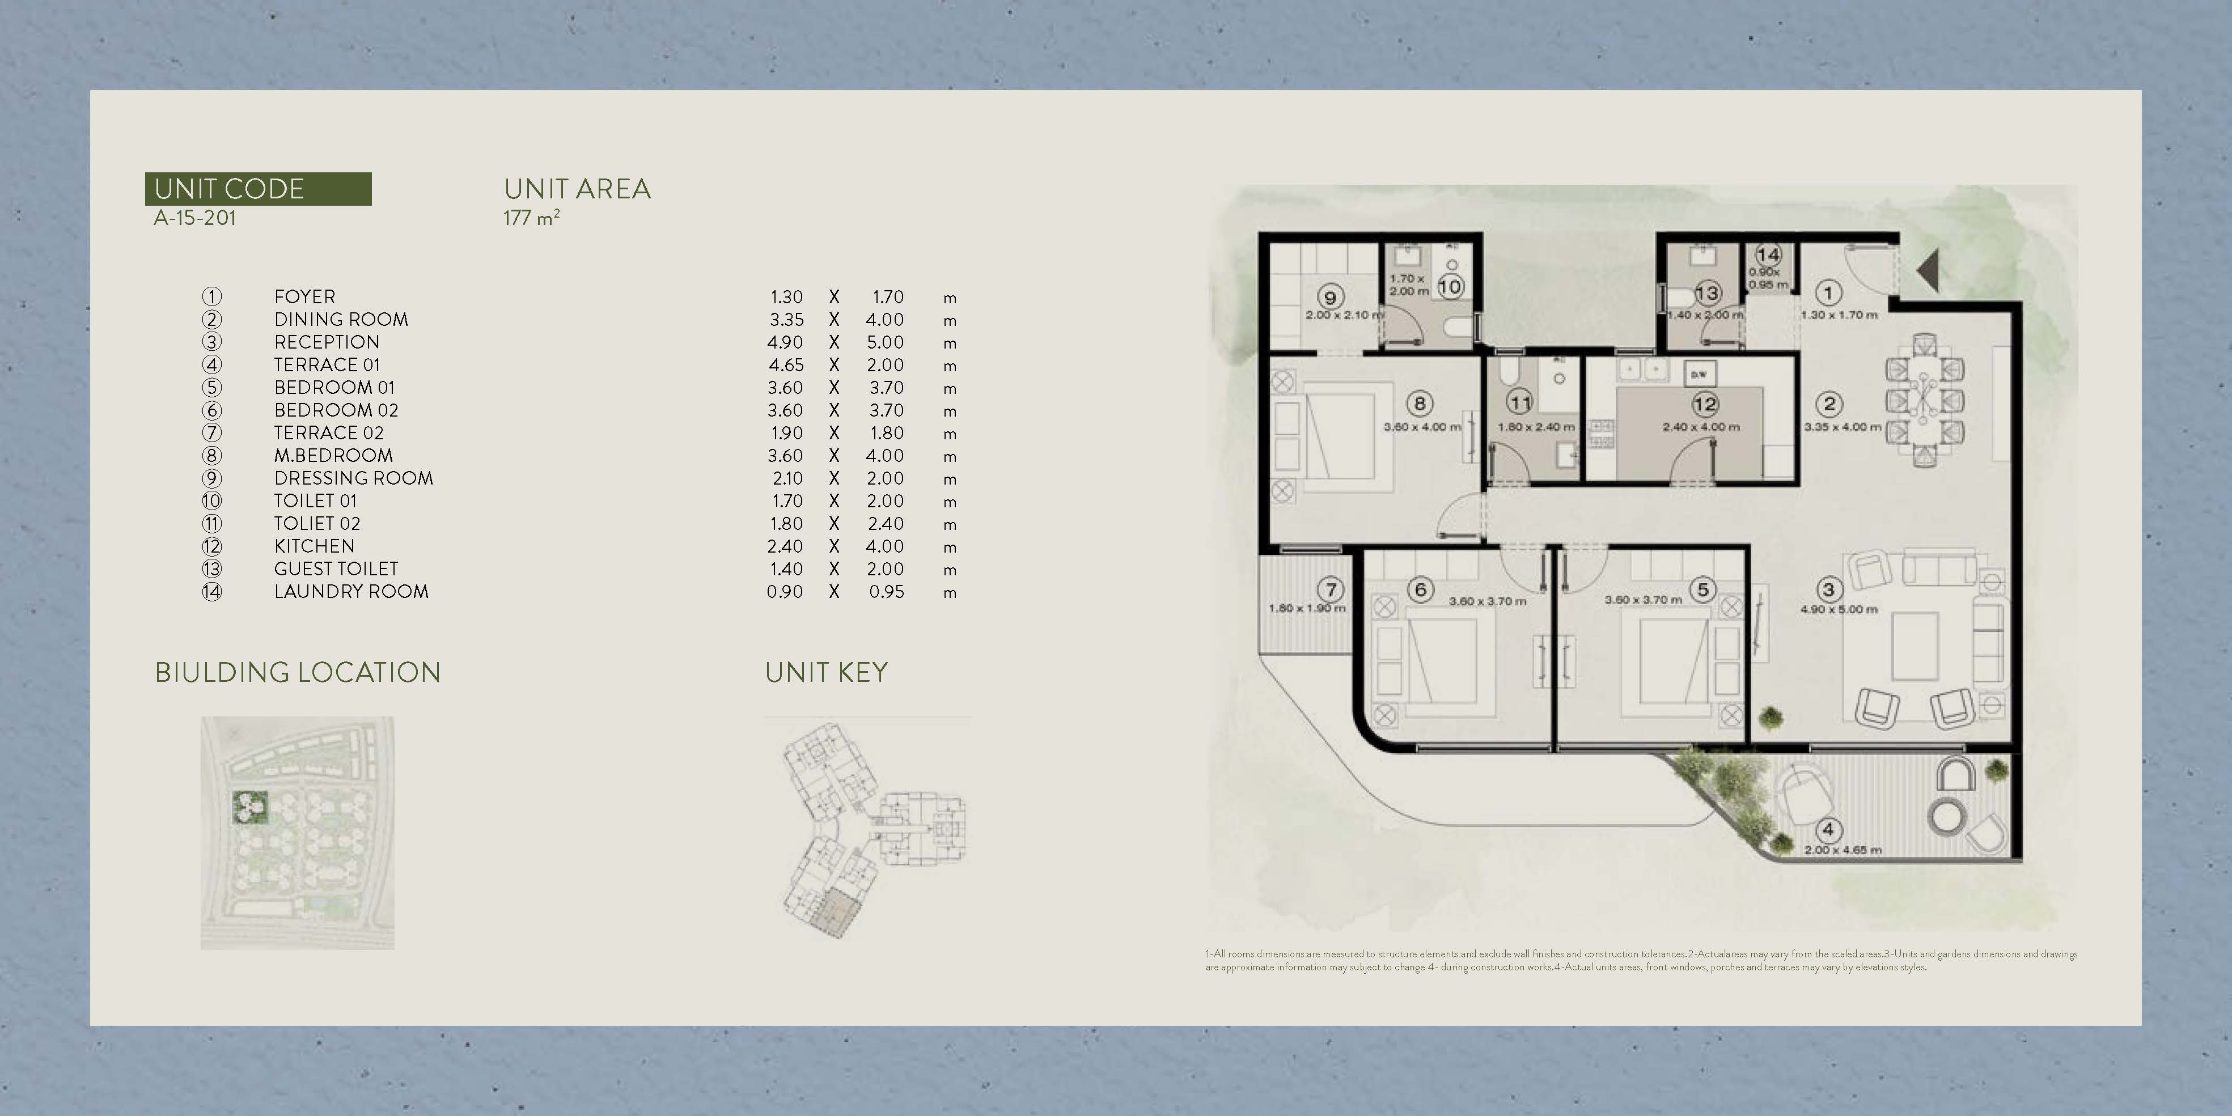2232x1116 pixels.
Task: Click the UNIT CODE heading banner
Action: click(x=257, y=189)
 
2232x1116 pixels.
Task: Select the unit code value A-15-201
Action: click(x=195, y=218)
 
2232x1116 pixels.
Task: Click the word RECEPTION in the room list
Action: click(x=327, y=342)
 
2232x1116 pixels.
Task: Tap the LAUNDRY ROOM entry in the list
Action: click(x=351, y=592)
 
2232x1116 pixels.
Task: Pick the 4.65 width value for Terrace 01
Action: click(x=785, y=365)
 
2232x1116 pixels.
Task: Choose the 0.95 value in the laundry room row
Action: click(x=886, y=592)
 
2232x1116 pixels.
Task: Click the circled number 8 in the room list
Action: click(x=211, y=456)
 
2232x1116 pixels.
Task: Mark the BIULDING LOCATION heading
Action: click(x=297, y=672)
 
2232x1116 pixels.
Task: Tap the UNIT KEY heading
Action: click(x=826, y=672)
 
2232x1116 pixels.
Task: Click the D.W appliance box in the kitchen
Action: click(x=1699, y=374)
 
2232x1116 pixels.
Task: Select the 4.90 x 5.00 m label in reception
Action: click(x=1839, y=609)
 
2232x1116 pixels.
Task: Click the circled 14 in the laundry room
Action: click(x=1768, y=254)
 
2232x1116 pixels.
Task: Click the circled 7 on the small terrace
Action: click(x=1331, y=590)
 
